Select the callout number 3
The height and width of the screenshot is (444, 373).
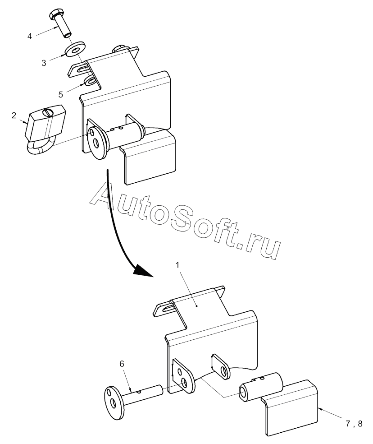[44, 63]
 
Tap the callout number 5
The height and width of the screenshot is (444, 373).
[61, 94]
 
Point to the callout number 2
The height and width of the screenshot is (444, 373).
[14, 116]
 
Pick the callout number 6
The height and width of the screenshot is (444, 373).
[122, 363]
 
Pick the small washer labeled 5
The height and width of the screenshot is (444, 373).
[90, 82]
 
